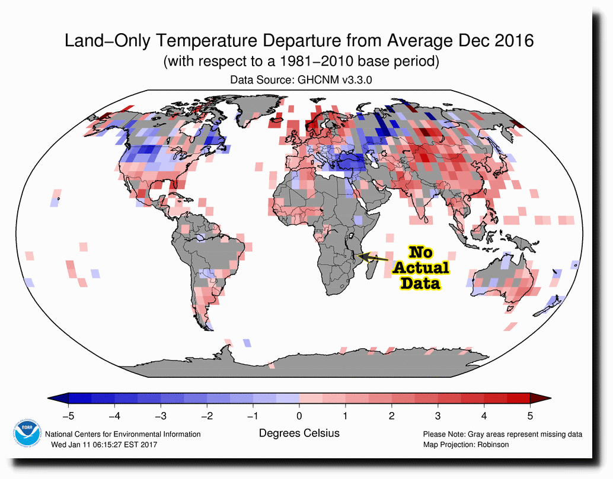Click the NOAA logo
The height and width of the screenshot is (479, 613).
point(26,430)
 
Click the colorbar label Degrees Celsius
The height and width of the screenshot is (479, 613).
point(299,433)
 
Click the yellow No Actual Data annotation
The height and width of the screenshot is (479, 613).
point(420,268)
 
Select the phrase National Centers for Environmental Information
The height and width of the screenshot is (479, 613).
point(123,435)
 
